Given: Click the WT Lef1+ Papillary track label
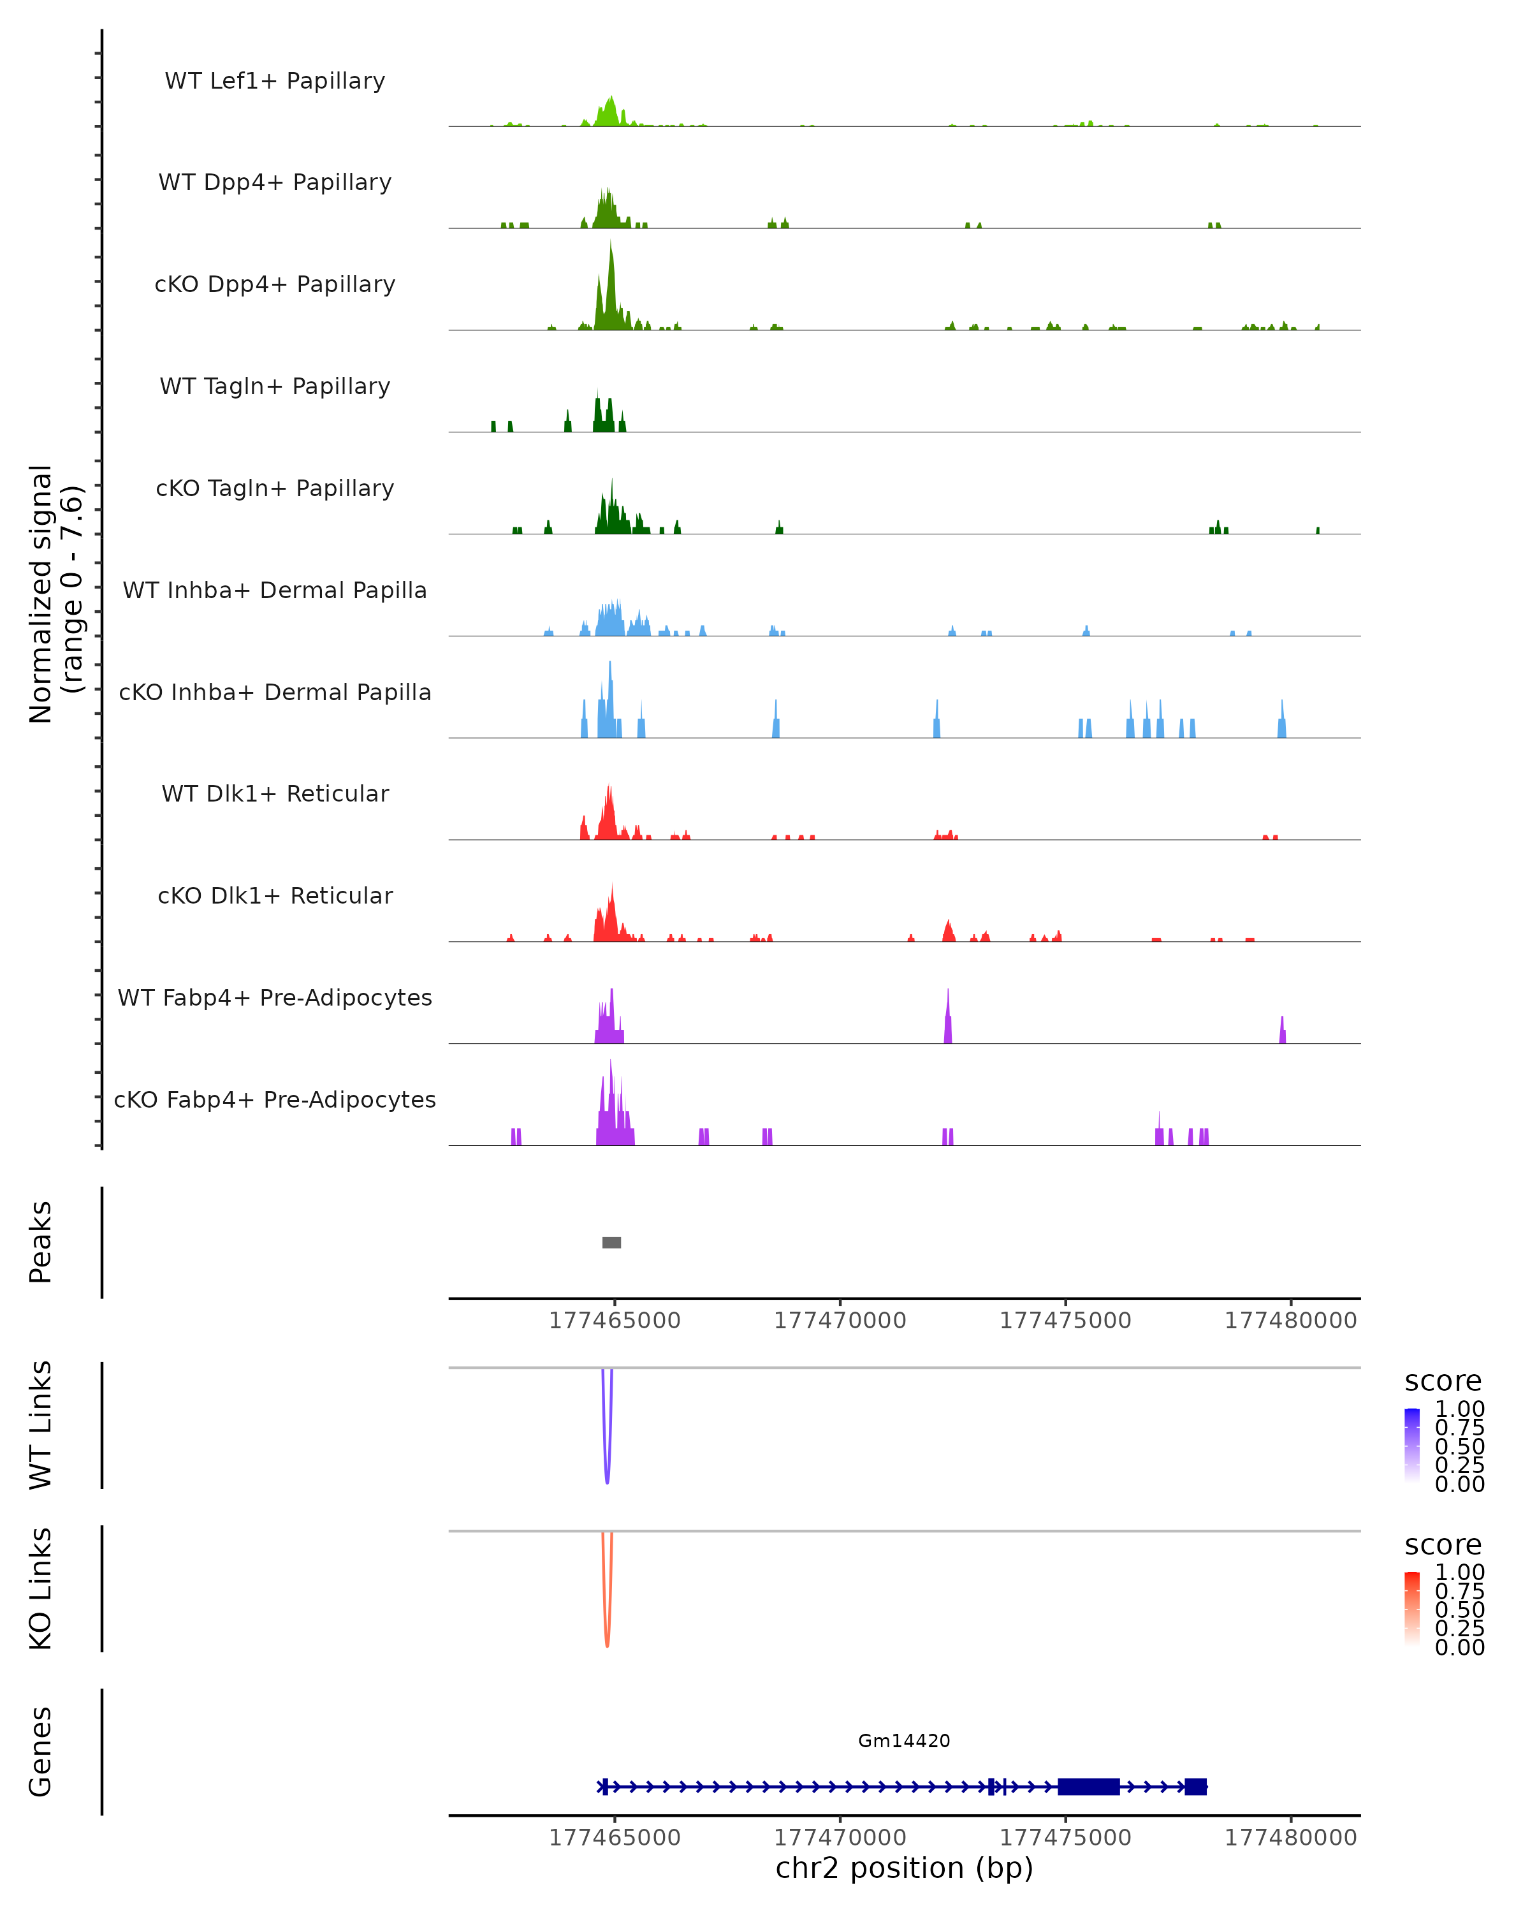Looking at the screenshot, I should coord(275,81).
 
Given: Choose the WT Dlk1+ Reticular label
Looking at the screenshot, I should coord(275,793).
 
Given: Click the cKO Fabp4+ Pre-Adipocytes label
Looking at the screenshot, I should coord(275,1099).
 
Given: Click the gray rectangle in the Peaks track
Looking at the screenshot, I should coord(611,1242).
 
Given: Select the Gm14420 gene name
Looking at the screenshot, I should coord(904,1740).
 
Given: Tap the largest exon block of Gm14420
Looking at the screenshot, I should coord(1088,1786).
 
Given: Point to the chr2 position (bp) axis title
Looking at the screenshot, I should coord(904,1868).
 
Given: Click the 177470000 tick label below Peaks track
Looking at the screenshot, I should coord(840,1321).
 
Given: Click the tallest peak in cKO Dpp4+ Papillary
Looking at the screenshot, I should coord(610,253).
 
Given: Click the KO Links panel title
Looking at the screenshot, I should coord(41,1588).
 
